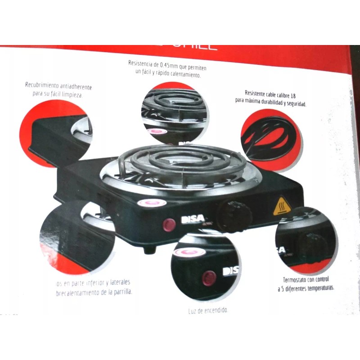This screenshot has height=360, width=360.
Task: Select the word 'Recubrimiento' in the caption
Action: pyautogui.click(x=42, y=85)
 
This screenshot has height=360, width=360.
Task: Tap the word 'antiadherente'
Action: pyautogui.click(x=75, y=87)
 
